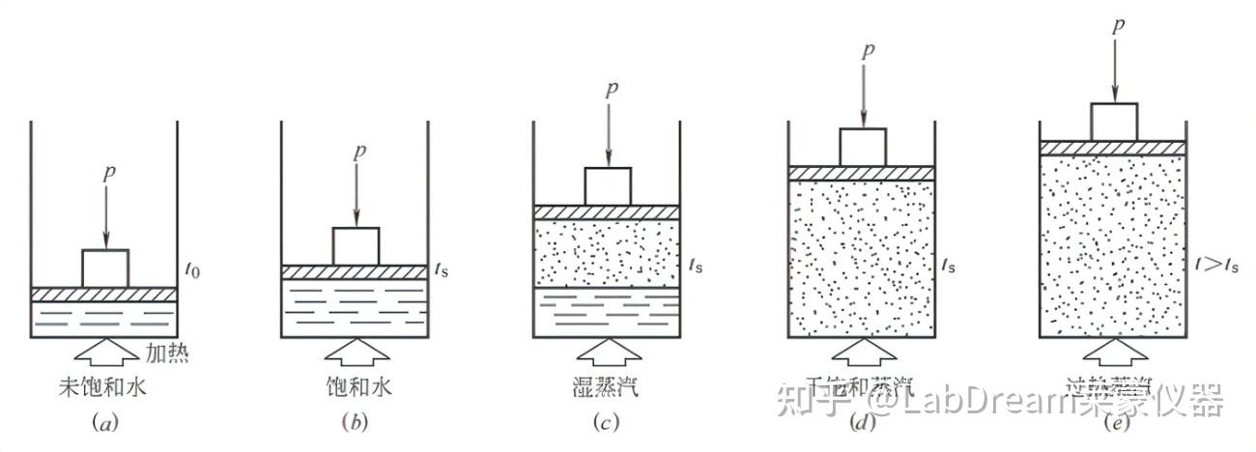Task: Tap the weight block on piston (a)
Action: pos(104,268)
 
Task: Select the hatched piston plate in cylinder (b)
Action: pos(354,272)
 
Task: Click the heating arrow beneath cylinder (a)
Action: pos(104,353)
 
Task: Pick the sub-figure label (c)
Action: pos(607,422)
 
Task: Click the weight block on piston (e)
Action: pos(1114,121)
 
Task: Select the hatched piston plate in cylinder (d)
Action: pos(861,173)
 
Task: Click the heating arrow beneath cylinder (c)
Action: pos(607,353)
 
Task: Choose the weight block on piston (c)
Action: pos(608,185)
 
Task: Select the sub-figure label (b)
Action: pos(355,422)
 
